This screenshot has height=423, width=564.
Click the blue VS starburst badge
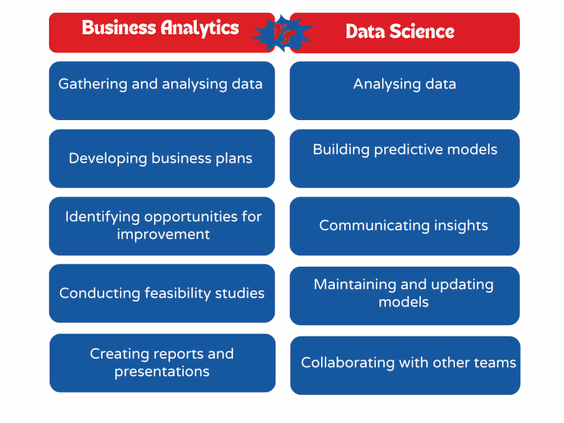pos(282,33)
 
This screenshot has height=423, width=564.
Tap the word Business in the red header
pos(119,28)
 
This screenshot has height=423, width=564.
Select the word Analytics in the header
pos(200,28)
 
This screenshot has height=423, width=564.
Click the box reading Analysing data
pos(405,91)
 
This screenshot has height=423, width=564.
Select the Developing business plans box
pos(162,158)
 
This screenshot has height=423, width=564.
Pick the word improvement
pos(163,235)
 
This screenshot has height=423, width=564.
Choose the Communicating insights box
pos(405,226)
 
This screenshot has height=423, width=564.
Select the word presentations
pos(162,372)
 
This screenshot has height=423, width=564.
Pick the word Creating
pos(119,354)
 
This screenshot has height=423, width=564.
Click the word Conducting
pos(99,294)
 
